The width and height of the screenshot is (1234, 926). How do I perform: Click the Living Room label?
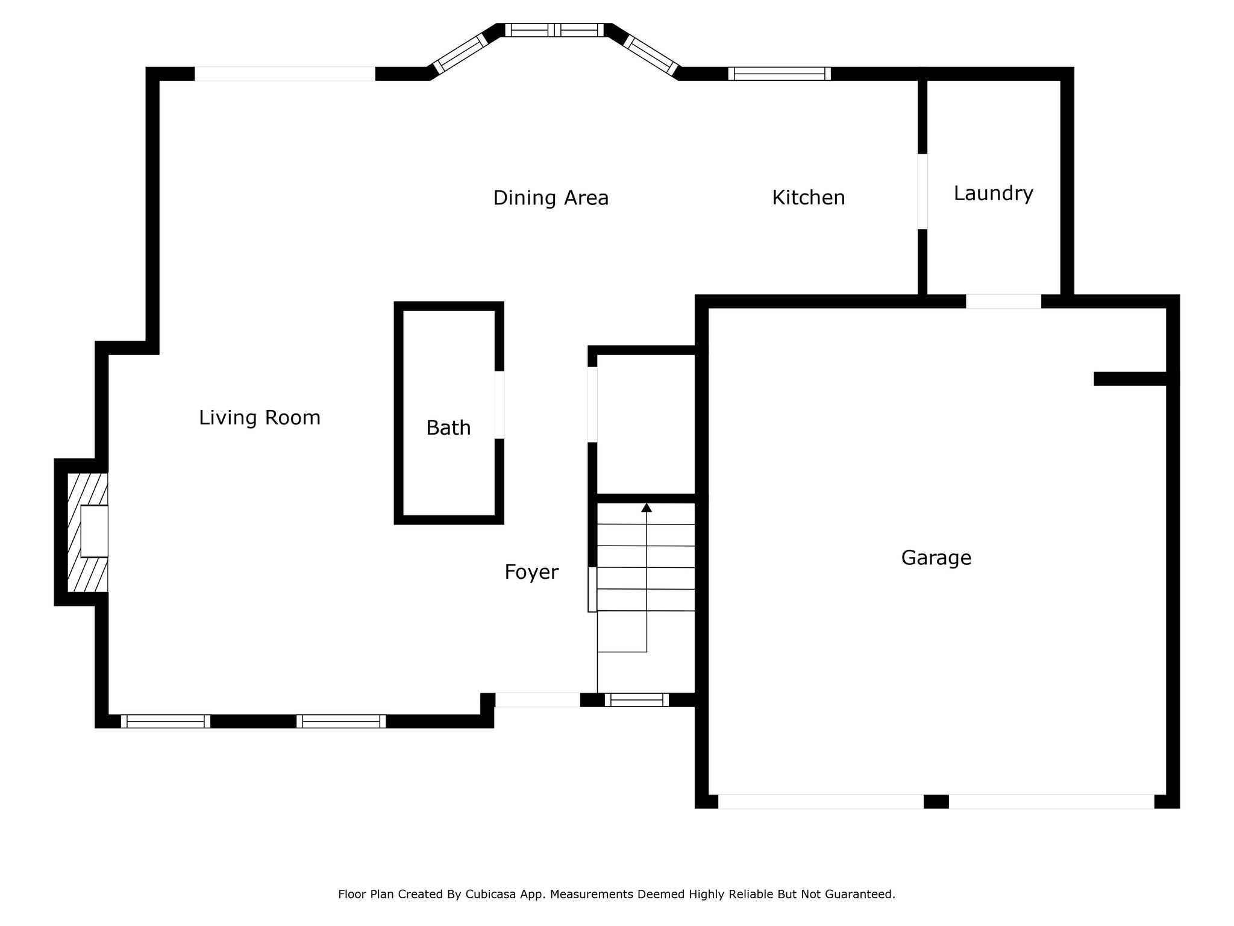pos(260,418)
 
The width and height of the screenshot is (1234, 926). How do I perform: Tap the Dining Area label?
pos(551,198)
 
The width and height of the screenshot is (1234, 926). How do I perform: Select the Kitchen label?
pos(809,198)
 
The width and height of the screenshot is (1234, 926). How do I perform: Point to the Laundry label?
pos(994,194)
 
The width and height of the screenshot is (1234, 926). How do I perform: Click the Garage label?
pos(936,558)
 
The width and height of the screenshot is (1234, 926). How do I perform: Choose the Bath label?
pos(448,428)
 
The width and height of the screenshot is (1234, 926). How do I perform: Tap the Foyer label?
pos(531,572)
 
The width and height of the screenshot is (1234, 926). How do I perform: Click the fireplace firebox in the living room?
pos(94,531)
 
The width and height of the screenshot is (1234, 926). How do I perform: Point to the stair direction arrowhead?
pos(647,508)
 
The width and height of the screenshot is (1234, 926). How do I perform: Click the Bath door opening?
pos(499,405)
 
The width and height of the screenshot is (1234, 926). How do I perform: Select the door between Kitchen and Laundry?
pos(922,192)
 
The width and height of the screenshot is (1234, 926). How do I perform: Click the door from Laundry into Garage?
pos(1004,301)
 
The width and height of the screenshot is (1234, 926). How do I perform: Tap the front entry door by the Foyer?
pos(537,700)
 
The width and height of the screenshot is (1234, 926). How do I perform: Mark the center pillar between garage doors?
pos(936,802)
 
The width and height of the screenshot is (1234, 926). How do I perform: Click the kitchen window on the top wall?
pos(780,74)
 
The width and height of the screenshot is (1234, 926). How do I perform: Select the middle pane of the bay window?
pos(554,30)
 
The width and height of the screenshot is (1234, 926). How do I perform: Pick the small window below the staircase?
pos(637,700)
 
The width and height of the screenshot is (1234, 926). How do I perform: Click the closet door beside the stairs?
pos(592,405)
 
